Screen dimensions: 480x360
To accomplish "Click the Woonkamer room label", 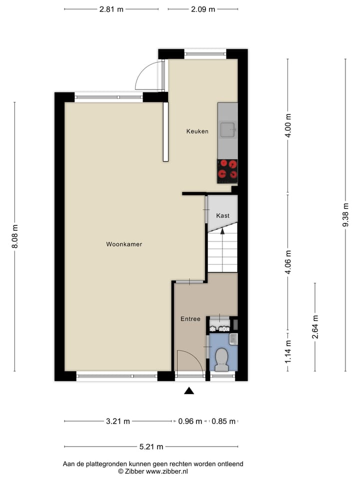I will [x=124, y=244].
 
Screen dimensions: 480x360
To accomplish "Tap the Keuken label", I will [x=197, y=131].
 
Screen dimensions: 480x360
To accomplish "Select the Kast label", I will [x=223, y=215].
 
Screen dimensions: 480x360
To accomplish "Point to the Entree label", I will [x=190, y=319].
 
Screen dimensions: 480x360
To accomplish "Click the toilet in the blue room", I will [x=221, y=359].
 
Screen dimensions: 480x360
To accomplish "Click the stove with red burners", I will [x=227, y=170].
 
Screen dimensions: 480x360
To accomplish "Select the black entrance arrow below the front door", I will [x=189, y=390].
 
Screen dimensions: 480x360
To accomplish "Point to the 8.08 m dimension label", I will [x=14, y=236].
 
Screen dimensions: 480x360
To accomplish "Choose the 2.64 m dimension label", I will [x=315, y=326].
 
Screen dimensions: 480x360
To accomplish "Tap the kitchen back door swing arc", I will [x=149, y=76].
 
